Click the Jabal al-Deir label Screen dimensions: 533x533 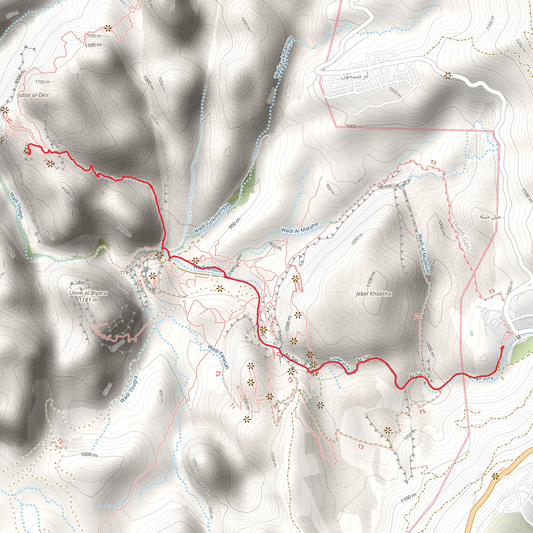(33, 95)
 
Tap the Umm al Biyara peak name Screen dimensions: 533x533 (88, 293)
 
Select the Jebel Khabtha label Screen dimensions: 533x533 (373, 294)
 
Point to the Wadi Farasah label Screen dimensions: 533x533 (219, 357)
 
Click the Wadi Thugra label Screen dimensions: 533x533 (128, 389)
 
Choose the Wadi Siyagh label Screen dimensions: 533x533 (17, 206)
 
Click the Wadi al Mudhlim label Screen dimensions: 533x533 (424, 254)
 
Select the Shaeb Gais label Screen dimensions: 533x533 (461, 234)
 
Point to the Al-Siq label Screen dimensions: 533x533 (416, 375)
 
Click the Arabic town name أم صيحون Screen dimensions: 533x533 (354, 77)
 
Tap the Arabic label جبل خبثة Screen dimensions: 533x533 (490, 217)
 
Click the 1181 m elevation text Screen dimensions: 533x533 (88, 300)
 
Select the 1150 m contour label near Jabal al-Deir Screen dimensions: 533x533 (43, 82)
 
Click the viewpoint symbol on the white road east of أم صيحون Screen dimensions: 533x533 (447, 75)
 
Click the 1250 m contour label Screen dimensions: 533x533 (521, 45)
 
